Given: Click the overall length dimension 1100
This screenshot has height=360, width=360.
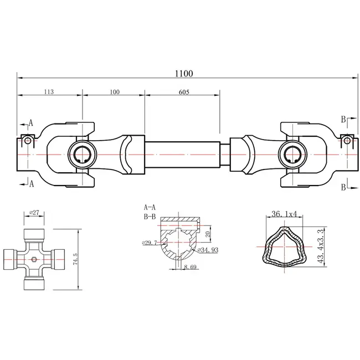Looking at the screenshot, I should point(182,73).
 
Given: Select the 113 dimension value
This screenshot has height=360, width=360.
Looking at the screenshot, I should point(49,92).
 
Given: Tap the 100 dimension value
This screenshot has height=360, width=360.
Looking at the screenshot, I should point(115,92).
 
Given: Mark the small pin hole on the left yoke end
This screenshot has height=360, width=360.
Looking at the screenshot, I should point(25,140).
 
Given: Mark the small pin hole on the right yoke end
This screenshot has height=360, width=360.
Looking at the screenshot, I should point(346,140).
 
